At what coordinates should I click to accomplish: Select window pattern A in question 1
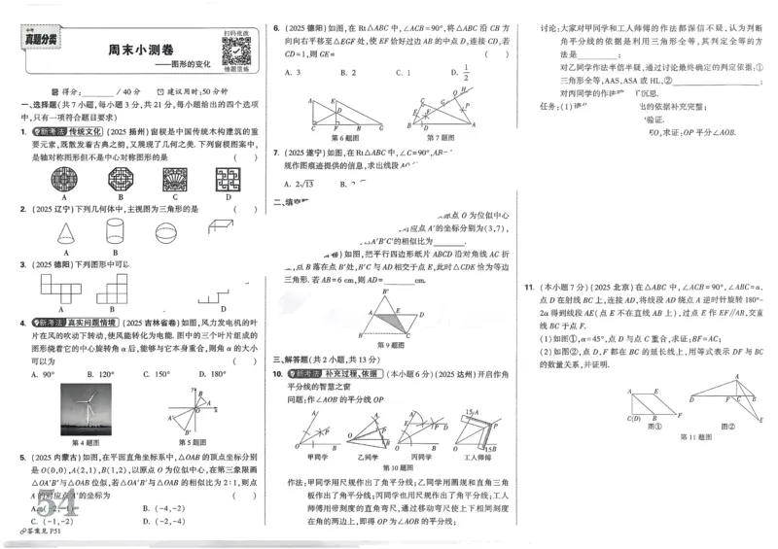pyautogui.click(x=44, y=179)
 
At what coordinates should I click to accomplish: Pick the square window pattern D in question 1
pyautogui.click(x=230, y=179)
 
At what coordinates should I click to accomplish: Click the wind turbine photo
pyautogui.click(x=86, y=409)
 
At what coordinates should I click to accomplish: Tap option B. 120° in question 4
pyautogui.click(x=99, y=373)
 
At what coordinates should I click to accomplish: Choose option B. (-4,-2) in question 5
pyautogui.click(x=161, y=507)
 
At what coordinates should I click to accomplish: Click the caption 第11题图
pyautogui.click(x=696, y=436)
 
